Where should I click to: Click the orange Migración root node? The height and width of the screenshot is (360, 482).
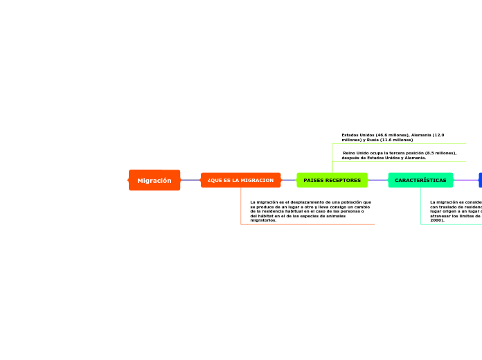point(154,180)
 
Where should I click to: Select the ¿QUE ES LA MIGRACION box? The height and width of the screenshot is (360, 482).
point(240,180)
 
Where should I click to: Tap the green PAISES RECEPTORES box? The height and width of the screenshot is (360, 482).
point(332,180)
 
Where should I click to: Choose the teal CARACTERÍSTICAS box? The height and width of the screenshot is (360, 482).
point(420,180)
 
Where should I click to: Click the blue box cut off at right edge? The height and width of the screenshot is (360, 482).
point(480,180)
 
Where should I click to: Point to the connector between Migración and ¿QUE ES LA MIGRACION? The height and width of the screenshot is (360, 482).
point(190,180)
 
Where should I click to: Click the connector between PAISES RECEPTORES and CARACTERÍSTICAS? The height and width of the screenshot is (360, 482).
point(378,180)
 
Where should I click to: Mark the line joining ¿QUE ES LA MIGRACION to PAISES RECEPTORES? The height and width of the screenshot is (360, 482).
point(289,180)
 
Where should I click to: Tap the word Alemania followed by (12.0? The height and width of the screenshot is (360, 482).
point(421,135)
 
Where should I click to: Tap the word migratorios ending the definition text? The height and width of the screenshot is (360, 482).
point(262,220)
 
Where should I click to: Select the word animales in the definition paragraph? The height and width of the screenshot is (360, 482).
point(334,216)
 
